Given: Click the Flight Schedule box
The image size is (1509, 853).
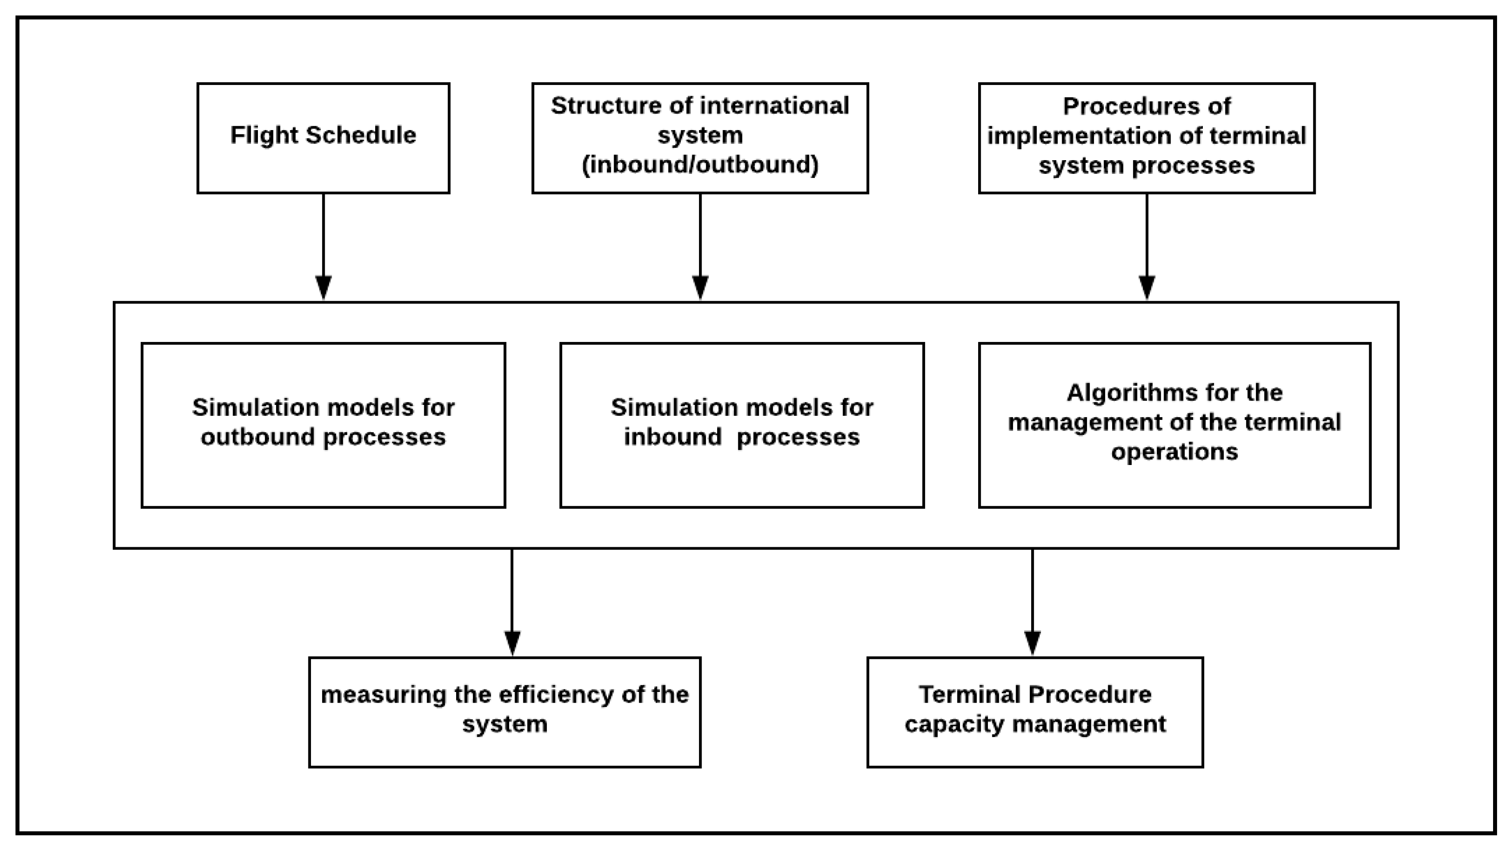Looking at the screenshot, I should [x=323, y=138].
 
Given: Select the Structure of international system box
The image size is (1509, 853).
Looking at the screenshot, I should [x=699, y=138].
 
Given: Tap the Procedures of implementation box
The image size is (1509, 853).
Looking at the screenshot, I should [x=1146, y=138].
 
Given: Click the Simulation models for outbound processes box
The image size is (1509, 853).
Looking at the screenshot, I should [x=323, y=425].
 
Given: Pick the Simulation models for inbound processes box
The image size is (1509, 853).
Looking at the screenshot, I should [x=741, y=425].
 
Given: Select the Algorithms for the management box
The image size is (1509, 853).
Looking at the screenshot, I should [x=1174, y=425].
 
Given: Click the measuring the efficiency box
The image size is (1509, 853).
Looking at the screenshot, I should [x=504, y=712].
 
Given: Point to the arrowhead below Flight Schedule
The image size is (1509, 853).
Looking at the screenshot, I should [x=323, y=287].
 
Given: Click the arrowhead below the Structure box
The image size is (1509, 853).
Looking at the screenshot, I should [x=700, y=287].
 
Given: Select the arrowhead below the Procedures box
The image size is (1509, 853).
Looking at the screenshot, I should [x=1146, y=287].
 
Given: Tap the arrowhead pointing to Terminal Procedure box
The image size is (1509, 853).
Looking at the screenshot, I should [x=1032, y=643].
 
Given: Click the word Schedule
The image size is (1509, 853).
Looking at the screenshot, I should [x=361, y=136].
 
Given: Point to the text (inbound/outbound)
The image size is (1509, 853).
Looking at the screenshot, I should [x=699, y=165].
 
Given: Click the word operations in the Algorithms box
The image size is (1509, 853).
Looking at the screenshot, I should [x=1174, y=452].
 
